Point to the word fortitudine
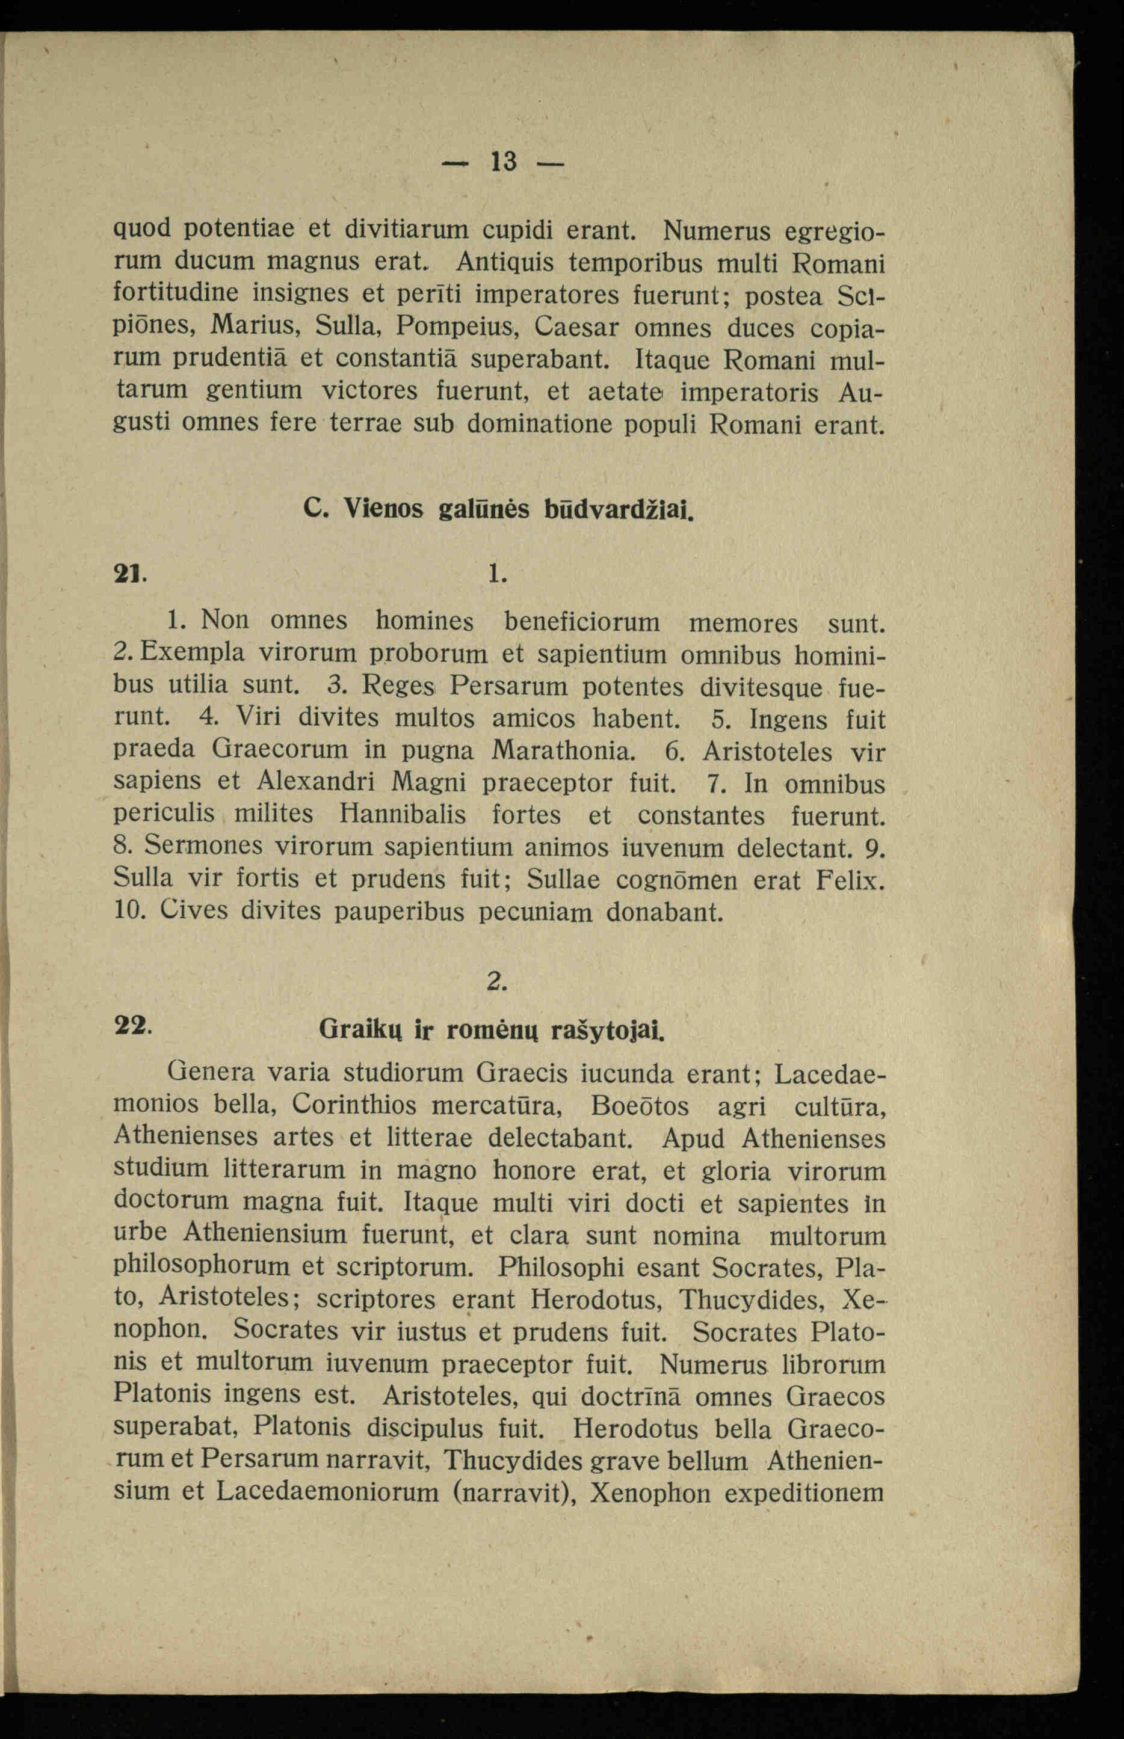[x=174, y=293]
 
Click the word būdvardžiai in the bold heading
[x=617, y=509]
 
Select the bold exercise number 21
[x=128, y=574]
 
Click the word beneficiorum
[x=582, y=622]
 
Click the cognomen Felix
[x=851, y=880]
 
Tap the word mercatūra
[x=496, y=1105]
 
